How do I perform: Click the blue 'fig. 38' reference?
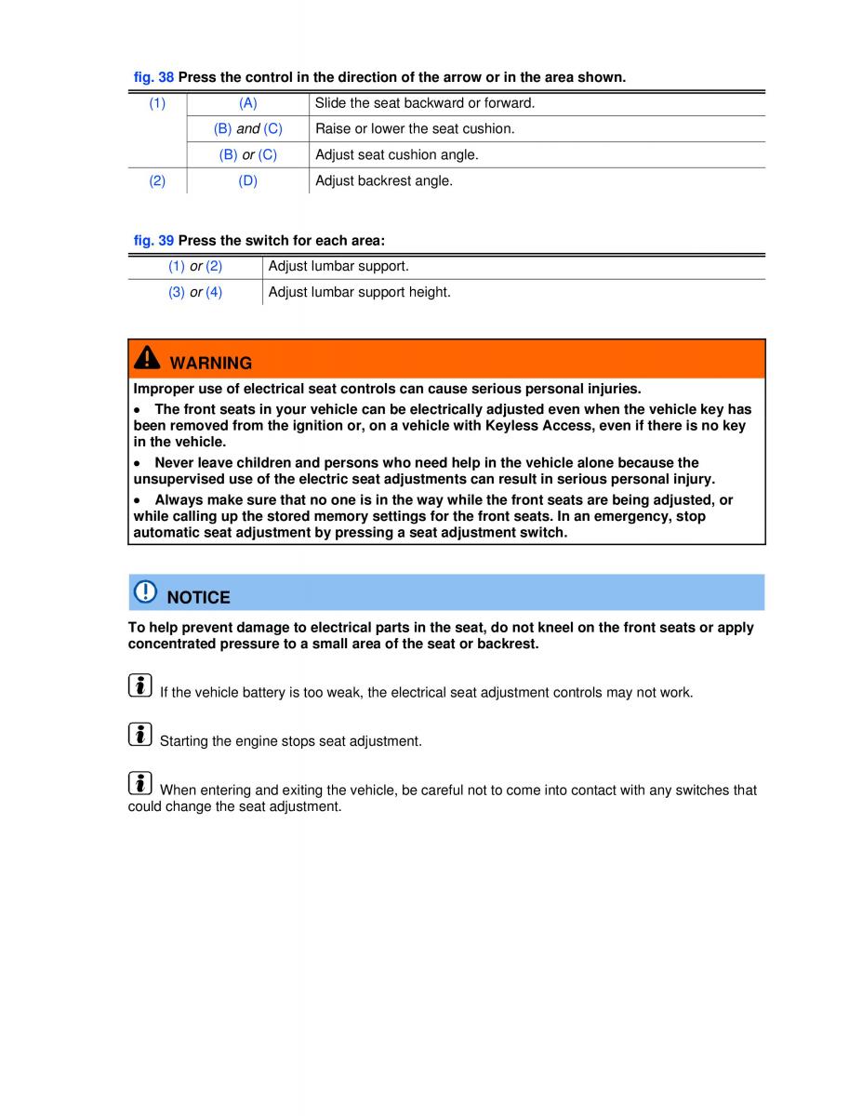point(153,77)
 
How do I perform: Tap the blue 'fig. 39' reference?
point(153,240)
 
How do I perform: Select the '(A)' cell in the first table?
point(248,103)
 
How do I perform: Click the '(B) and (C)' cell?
point(248,129)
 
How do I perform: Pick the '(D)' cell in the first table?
point(248,181)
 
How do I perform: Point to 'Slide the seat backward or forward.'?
point(425,103)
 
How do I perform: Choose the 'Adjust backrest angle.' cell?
point(384,181)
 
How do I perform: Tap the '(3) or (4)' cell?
point(195,292)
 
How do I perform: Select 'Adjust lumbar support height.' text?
point(360,292)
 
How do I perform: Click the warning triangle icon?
point(147,360)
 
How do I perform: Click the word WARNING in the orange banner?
point(211,363)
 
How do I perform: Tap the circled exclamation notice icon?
point(146,592)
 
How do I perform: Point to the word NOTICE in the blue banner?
point(199,597)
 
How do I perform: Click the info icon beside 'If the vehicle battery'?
point(139,686)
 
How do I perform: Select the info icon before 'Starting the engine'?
point(139,735)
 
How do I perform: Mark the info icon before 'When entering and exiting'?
point(139,783)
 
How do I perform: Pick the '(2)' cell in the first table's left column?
point(157,181)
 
